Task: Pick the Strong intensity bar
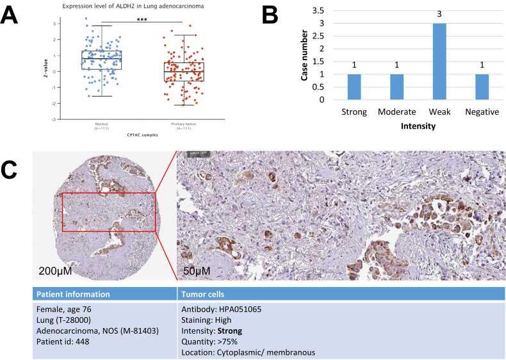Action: [354, 87]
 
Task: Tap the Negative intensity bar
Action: [481, 87]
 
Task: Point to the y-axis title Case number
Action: [306, 56]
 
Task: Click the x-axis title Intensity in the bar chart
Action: [418, 126]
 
